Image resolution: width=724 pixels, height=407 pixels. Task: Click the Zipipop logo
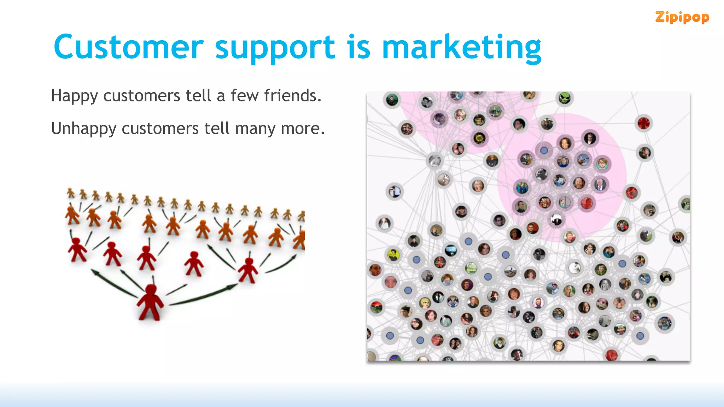click(682, 17)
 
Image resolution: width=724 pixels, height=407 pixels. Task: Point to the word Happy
click(74, 96)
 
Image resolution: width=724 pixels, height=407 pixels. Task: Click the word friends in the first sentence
click(292, 95)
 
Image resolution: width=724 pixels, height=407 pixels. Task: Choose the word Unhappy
click(83, 129)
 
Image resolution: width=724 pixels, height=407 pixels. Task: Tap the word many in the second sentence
click(255, 129)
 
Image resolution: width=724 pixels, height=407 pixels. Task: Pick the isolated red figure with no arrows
click(193, 263)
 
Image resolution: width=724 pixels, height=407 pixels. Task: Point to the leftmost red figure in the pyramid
click(77, 249)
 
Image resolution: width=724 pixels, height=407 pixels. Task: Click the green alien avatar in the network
click(565, 98)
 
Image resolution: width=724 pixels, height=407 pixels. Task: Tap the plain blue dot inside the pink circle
click(544, 151)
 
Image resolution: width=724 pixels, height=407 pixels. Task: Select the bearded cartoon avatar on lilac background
click(538, 302)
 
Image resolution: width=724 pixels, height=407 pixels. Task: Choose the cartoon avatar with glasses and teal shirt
click(602, 164)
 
